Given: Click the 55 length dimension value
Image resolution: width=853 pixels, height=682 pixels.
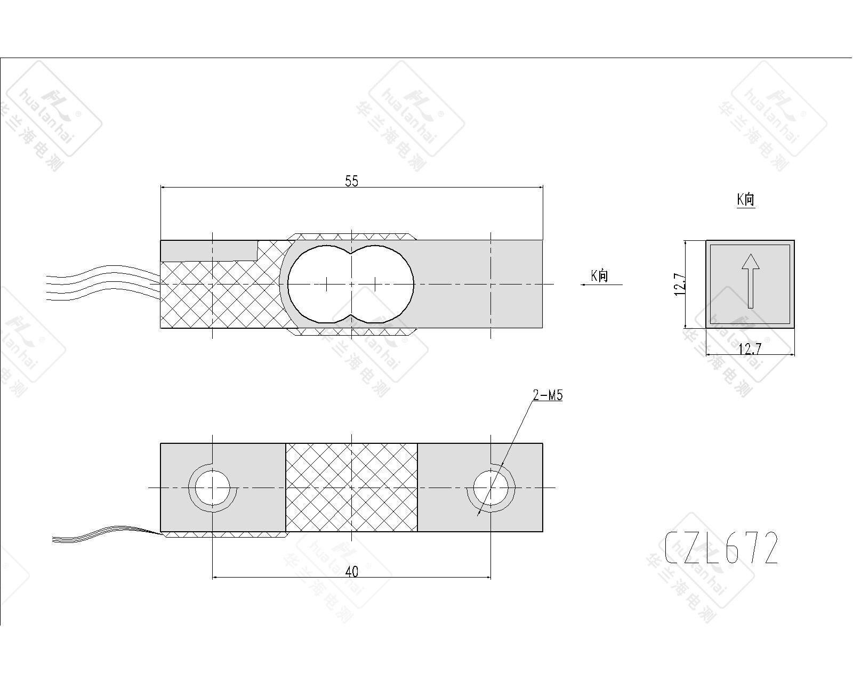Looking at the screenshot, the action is click(x=351, y=181).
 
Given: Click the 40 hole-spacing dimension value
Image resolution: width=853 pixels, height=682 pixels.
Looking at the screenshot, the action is click(x=351, y=571).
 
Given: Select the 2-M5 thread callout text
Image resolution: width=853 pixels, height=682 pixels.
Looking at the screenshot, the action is click(x=548, y=395).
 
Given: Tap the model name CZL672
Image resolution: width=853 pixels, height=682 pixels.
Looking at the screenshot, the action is click(x=721, y=548).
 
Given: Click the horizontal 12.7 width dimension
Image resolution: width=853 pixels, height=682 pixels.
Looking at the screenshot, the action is click(x=750, y=349).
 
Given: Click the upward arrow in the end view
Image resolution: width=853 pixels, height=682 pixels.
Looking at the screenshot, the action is click(x=750, y=281).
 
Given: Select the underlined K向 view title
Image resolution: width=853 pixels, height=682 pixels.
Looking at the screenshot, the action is click(x=746, y=199).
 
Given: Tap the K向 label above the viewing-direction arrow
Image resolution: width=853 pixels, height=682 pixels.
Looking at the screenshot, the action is click(x=599, y=275).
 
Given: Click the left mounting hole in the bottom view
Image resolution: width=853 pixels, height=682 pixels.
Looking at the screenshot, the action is click(x=213, y=488).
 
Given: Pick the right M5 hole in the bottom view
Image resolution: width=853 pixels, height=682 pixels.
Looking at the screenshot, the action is click(x=490, y=488).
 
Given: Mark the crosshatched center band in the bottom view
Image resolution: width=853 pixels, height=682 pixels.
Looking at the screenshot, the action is click(x=351, y=488).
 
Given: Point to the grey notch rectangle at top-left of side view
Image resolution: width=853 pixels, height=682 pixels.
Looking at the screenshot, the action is click(x=210, y=250).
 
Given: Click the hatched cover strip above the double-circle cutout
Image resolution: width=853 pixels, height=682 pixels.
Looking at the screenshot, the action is click(x=351, y=237).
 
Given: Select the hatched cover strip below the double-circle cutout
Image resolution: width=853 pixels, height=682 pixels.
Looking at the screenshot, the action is click(x=351, y=332).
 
